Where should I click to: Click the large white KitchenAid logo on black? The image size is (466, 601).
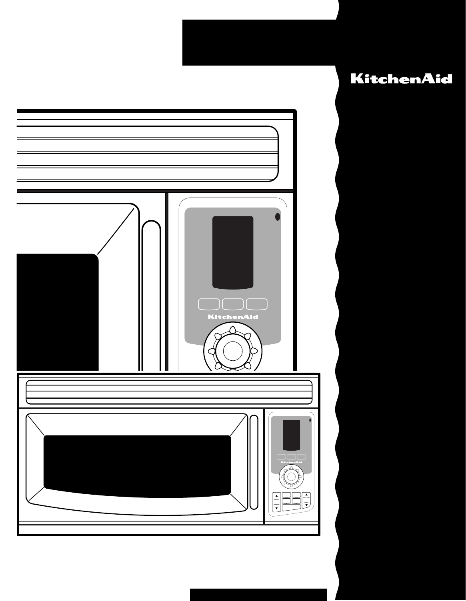(401, 78)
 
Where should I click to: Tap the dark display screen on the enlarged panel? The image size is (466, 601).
(232, 252)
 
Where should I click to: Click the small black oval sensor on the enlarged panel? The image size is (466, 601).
(277, 217)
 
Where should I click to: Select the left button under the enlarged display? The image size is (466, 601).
(208, 304)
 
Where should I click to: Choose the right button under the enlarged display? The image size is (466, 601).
(257, 304)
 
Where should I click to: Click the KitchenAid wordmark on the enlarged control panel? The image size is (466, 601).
(232, 317)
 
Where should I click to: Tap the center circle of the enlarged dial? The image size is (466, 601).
(232, 351)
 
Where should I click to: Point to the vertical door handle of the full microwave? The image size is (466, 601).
(254, 462)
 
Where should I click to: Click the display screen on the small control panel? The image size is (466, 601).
(291, 435)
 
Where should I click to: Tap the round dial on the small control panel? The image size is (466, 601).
(291, 475)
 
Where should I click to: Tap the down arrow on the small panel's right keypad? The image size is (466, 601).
(306, 505)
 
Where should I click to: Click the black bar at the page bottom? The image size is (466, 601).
(258, 594)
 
